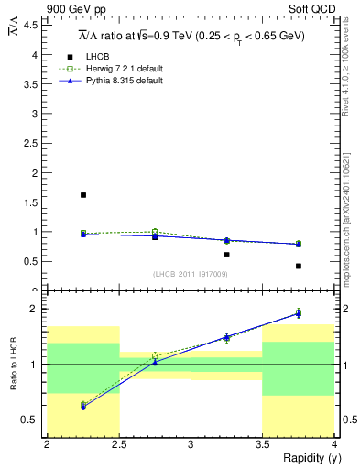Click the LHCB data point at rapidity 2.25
[83, 195]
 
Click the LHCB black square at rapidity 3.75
[299, 267]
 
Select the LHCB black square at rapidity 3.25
[226, 255]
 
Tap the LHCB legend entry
[100, 57]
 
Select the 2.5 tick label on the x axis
[118, 445]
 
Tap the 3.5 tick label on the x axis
[262, 445]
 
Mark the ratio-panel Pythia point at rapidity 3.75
[299, 313]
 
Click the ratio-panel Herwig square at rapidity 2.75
[155, 355]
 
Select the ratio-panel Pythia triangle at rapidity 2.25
[83, 407]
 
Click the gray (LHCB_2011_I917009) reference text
[191, 274]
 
